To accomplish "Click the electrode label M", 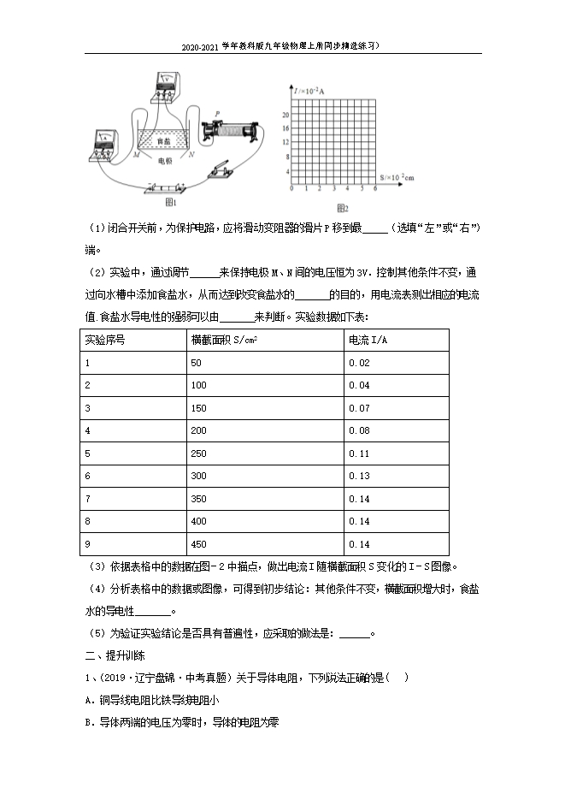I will tap(137, 154).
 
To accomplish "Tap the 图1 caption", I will tap(170, 203).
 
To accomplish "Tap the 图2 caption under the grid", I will tap(342, 209).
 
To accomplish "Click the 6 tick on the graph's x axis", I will tap(374, 188).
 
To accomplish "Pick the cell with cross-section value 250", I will tap(198, 452).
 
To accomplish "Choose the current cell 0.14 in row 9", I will tap(359, 543).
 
